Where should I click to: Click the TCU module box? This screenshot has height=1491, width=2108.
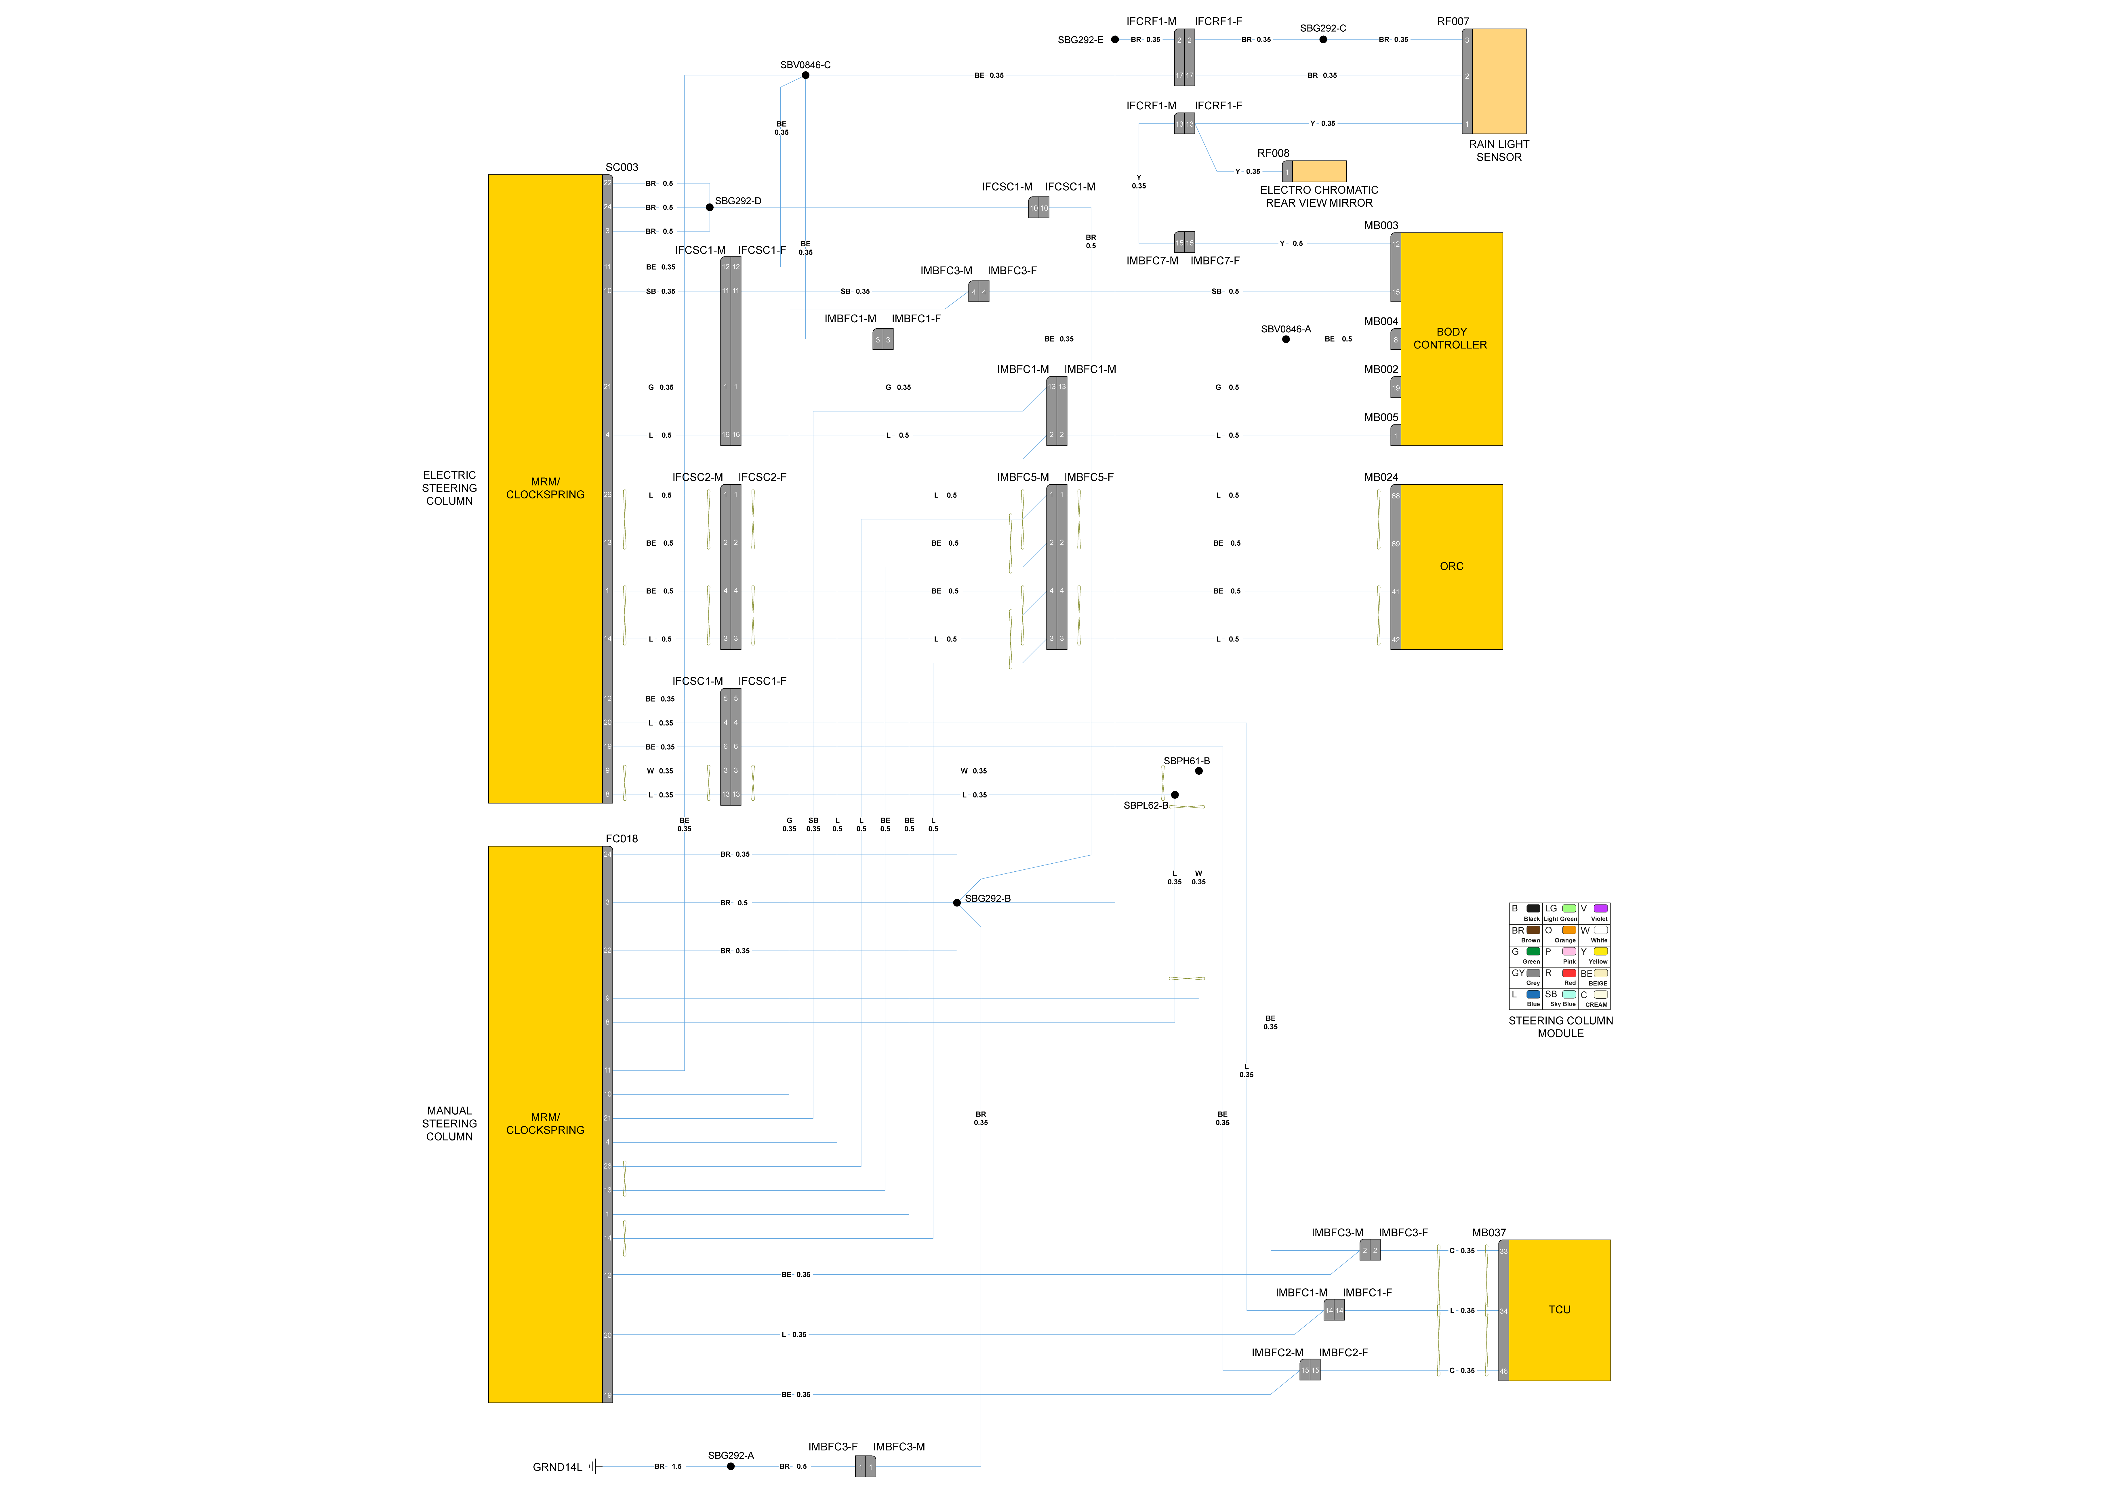point(1559,1310)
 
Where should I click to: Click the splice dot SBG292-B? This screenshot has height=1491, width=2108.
point(957,902)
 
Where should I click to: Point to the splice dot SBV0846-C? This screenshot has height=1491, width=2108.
point(805,75)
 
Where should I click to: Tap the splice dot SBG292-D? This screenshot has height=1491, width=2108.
point(710,207)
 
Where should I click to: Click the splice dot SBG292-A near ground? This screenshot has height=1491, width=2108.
point(731,1466)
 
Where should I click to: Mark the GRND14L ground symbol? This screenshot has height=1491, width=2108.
point(594,1466)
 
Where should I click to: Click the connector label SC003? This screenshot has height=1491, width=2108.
point(622,167)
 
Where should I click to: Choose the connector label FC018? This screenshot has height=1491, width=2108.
point(622,838)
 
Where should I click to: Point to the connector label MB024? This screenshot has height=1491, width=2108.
point(1381,477)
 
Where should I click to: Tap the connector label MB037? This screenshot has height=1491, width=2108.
point(1488,1232)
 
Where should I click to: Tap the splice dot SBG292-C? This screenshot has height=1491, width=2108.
point(1323,39)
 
